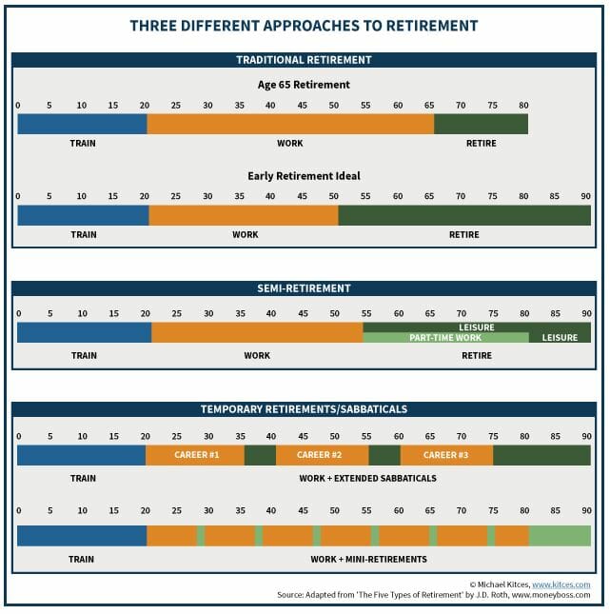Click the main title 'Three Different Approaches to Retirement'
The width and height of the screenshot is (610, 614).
coord(304,25)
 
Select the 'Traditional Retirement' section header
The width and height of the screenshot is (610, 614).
coord(304,60)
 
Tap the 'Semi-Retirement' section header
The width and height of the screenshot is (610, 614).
coord(304,287)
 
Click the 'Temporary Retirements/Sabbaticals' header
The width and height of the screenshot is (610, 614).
coord(304,409)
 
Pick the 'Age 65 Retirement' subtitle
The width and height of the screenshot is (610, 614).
coord(304,85)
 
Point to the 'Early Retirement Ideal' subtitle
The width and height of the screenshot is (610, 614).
coord(304,176)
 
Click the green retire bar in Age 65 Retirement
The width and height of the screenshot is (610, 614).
coord(481,124)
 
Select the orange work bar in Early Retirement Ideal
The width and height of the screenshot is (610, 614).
coord(244,215)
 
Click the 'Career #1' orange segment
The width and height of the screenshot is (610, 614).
coord(196,455)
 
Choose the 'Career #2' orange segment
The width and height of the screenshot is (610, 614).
coord(322,455)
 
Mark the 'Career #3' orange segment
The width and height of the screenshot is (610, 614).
coord(446,455)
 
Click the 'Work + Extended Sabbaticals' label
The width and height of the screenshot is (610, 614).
coord(367,478)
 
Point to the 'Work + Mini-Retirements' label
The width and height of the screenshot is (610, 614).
coord(369,559)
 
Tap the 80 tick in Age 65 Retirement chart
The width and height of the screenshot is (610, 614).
coord(523,104)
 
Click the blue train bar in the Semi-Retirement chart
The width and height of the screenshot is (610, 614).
coord(84,332)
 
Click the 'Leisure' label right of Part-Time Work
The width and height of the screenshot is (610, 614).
coord(560,338)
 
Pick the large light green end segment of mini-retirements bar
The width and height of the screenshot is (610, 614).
coord(560,535)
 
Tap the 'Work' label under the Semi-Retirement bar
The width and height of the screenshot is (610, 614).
coord(257,356)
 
